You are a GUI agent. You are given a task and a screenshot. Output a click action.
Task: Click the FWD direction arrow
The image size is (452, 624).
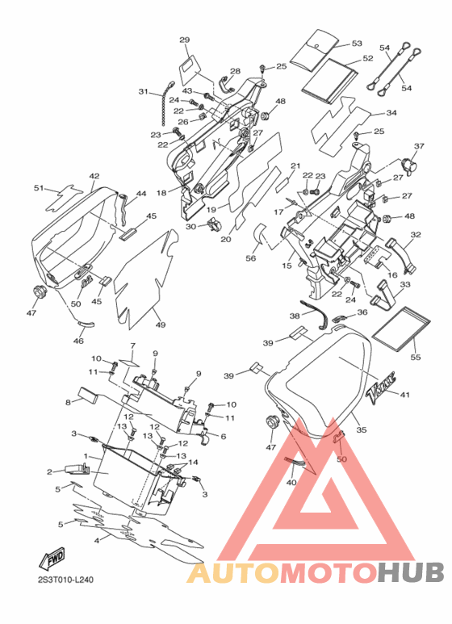(52, 559)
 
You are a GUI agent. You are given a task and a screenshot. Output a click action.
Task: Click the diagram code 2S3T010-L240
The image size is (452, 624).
(65, 580)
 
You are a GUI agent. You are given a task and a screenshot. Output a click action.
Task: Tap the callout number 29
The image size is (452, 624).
(185, 40)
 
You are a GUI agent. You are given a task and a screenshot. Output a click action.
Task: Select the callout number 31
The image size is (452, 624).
(143, 91)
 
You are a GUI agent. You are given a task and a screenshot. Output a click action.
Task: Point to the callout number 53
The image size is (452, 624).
(357, 43)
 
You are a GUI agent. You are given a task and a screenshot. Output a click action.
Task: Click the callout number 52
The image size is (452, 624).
(368, 58)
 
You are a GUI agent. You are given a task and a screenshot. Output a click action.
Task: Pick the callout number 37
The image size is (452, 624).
(419, 146)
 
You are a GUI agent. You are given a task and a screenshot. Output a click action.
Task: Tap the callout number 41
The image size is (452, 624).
(404, 395)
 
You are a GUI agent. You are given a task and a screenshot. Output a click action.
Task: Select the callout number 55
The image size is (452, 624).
(416, 357)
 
